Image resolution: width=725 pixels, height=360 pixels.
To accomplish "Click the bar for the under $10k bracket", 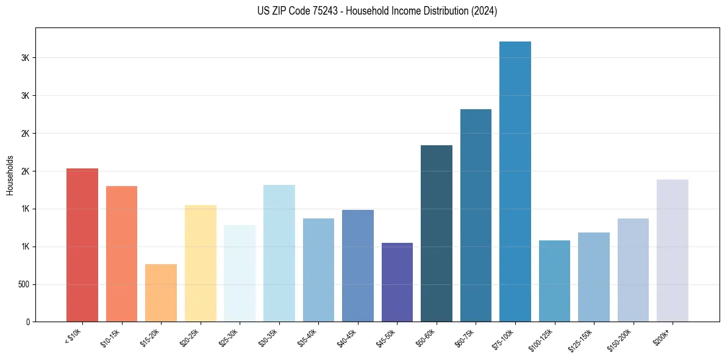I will click(82, 245).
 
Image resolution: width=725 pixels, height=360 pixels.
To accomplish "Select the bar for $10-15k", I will click(121, 254).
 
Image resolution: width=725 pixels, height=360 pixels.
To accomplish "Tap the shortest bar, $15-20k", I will click(161, 293).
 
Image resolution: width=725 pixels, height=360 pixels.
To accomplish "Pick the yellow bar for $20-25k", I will click(201, 264).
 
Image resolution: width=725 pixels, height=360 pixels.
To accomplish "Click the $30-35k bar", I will click(279, 253).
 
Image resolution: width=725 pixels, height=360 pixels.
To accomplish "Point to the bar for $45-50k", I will click(397, 282).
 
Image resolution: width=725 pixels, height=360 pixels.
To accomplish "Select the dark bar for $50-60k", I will click(437, 233).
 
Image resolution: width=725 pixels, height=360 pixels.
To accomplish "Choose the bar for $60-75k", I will click(476, 215).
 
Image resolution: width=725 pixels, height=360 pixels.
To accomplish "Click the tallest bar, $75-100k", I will click(515, 181).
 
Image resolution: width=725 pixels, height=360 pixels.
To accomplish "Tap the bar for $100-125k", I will click(554, 281).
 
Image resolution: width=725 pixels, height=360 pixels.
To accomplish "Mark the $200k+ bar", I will click(673, 250).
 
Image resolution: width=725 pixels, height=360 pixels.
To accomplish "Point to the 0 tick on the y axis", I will click(27, 322).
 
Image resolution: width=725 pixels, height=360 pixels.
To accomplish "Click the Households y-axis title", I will click(10, 175).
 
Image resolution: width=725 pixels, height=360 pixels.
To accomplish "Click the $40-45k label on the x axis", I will click(347, 336).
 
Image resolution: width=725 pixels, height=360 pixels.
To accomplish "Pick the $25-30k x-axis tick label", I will click(229, 336).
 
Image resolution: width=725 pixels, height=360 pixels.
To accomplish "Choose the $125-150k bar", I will click(594, 277).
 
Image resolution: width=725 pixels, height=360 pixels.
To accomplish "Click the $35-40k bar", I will click(318, 270).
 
